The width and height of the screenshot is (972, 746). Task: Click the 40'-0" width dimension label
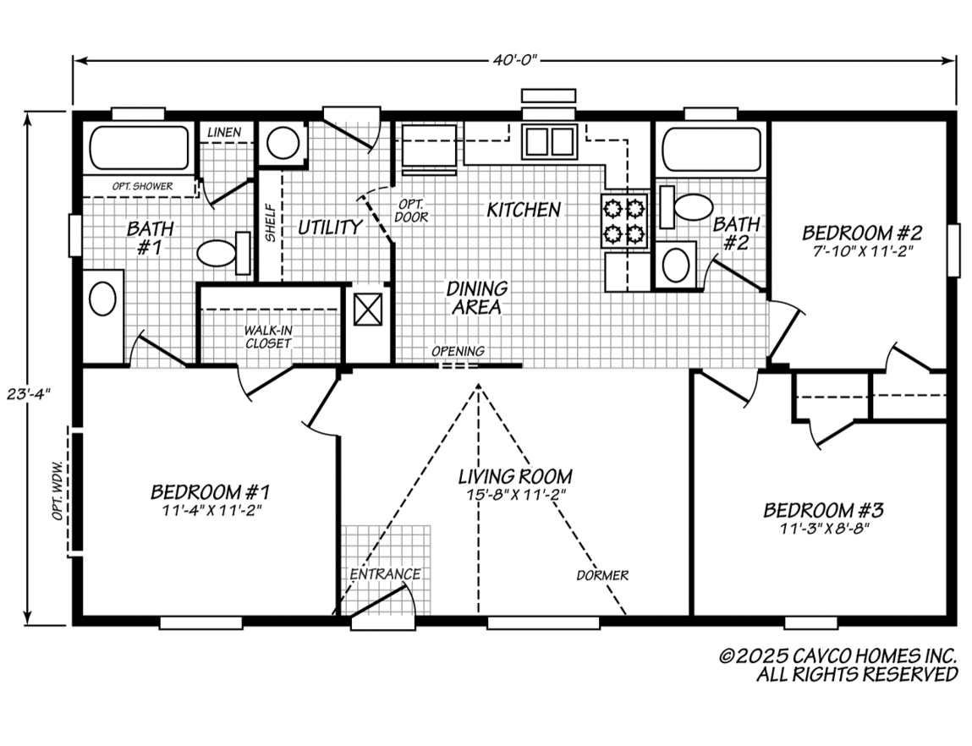[x=513, y=61]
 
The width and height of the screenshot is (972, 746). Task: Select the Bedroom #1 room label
[x=210, y=491]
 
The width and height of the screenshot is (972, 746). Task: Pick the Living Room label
[x=515, y=476]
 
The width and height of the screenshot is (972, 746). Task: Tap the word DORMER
[x=602, y=576]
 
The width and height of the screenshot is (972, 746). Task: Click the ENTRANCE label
[x=385, y=574]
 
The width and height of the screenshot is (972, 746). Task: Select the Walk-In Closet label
[x=268, y=337]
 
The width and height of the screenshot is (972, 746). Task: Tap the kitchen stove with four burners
[x=624, y=221]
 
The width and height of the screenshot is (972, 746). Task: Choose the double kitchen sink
[x=547, y=141]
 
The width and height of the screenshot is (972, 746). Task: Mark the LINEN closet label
[x=225, y=132]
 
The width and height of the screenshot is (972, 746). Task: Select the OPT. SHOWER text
[x=142, y=186]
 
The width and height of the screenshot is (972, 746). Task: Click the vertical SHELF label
[x=270, y=222]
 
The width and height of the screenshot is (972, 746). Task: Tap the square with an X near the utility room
[x=368, y=309]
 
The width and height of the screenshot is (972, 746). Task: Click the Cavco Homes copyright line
[x=837, y=655]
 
